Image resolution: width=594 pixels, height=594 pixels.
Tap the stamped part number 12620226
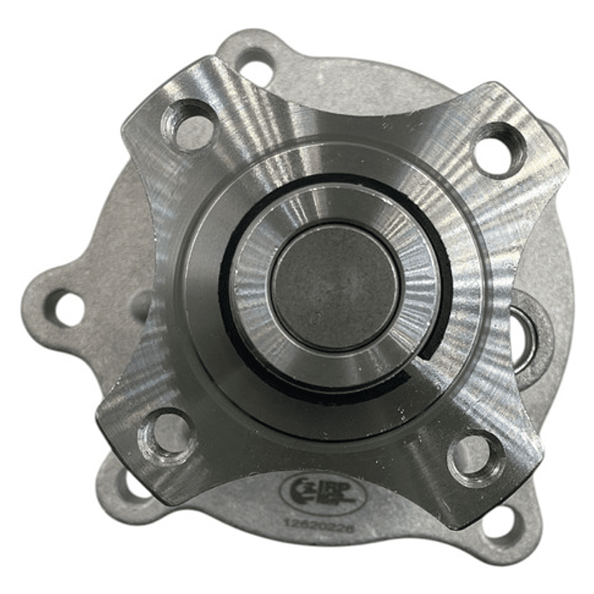(317, 523)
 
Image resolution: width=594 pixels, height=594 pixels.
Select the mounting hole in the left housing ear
(64, 308)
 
